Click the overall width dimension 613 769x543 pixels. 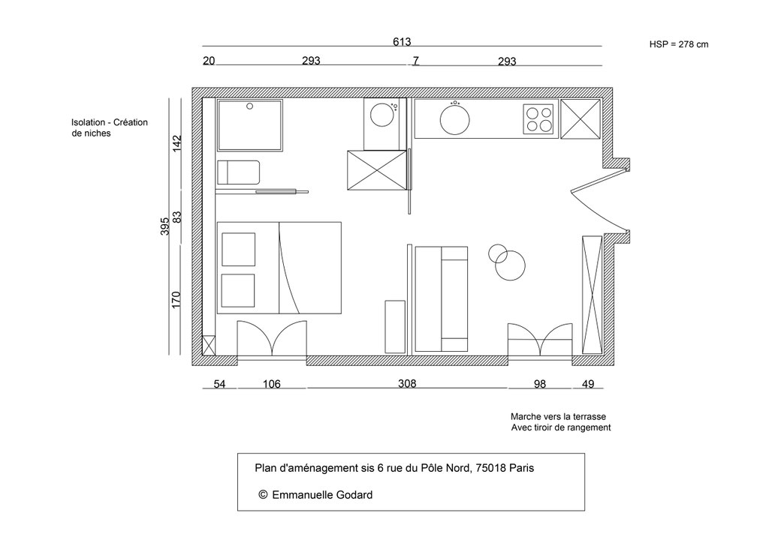[x=402, y=42]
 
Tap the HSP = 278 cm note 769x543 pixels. [x=678, y=45]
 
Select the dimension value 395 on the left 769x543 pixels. [x=164, y=226]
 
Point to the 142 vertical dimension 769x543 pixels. [x=177, y=143]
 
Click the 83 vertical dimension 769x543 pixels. [x=177, y=217]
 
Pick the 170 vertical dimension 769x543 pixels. [x=177, y=300]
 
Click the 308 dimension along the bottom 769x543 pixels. [x=406, y=383]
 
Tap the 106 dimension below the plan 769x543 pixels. [x=271, y=384]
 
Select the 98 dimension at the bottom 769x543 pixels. [x=539, y=384]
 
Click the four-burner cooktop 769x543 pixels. [x=538, y=118]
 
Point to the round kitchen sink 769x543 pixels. [x=454, y=118]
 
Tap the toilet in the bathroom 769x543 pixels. [x=238, y=172]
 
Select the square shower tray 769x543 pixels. [x=250, y=124]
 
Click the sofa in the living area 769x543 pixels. [x=442, y=298]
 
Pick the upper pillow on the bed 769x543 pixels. [x=237, y=249]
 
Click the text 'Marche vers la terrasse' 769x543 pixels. [x=558, y=416]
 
